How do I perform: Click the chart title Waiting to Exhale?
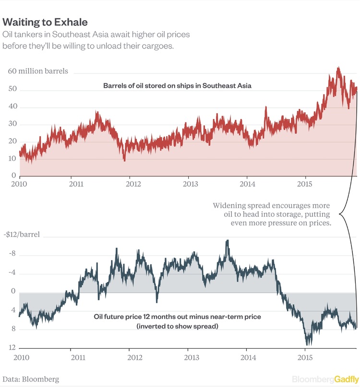click(45, 22)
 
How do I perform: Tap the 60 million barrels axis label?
click(38, 71)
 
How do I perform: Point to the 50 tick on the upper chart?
click(13, 89)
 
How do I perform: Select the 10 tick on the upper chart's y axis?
click(13, 158)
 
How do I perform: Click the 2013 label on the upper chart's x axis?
click(191, 184)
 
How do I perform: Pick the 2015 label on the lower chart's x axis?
click(305, 357)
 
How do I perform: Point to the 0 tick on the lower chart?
click(14, 292)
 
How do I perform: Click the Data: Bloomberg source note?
click(31, 379)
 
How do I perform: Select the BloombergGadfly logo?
click(325, 379)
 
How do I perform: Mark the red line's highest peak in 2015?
click(338, 68)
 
